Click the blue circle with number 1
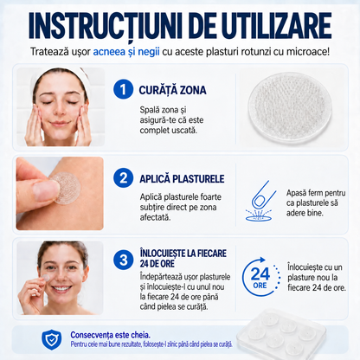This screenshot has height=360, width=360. click(x=123, y=89)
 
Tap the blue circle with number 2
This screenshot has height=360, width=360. click(x=123, y=178)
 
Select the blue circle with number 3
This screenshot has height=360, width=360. click(x=123, y=260)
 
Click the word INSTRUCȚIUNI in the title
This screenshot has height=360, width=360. click(x=106, y=25)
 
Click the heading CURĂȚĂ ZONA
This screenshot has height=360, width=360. click(x=172, y=90)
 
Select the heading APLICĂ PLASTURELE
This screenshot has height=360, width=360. click(x=182, y=178)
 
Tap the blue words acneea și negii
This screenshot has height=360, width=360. click(x=126, y=52)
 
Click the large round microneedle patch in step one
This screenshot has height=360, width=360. click(x=290, y=108)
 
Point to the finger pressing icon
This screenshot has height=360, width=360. click(x=260, y=201)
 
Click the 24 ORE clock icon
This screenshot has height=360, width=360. click(x=260, y=277)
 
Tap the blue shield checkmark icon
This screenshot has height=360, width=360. click(x=51, y=339)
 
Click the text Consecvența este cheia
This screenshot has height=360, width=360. click(x=110, y=335)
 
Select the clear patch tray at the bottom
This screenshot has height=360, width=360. click(x=281, y=334)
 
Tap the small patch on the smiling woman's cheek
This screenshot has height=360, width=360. click(x=46, y=277)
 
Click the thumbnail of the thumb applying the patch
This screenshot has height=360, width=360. click(x=60, y=193)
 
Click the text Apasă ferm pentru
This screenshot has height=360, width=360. click(x=316, y=193)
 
